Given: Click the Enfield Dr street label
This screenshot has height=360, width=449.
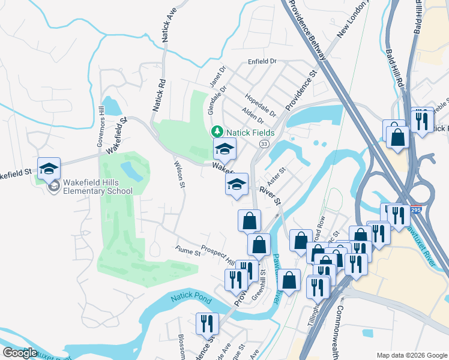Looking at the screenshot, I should (x=262, y=62).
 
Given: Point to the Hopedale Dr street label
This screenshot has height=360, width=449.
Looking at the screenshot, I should (x=260, y=105).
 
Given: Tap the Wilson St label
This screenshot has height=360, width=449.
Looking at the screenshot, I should (x=178, y=174).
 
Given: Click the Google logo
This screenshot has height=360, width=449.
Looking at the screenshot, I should (x=20, y=353).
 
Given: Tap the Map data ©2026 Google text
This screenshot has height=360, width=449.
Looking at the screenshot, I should (x=411, y=355).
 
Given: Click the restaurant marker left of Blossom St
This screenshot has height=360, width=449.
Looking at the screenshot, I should (x=208, y=325).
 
